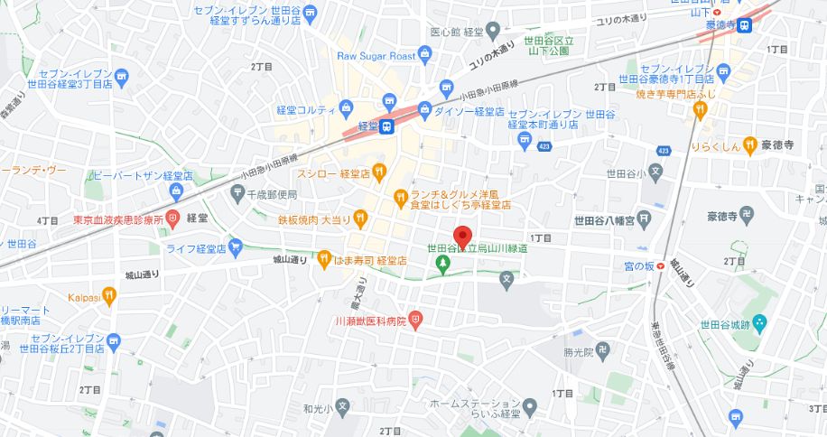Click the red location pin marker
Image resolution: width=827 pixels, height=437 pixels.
point(464,236)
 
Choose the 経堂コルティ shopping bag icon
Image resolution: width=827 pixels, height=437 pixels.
point(347,109)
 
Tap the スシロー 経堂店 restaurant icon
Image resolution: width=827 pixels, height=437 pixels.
point(379,172)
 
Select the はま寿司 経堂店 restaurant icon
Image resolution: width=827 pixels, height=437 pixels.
point(323,260)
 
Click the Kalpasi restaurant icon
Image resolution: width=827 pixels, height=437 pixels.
point(109,294)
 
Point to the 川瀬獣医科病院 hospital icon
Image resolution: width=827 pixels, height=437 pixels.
point(414,319)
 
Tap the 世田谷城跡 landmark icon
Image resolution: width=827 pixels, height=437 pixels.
point(759,322)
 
